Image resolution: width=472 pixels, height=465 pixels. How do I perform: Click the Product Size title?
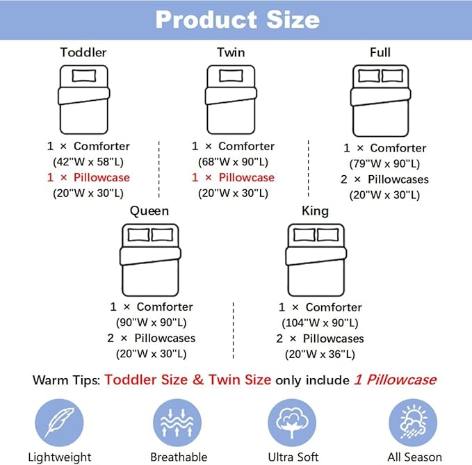[x=238, y=20]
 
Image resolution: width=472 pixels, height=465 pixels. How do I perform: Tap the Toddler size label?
[x=83, y=52]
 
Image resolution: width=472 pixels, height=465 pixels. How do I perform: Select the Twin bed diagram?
[x=231, y=99]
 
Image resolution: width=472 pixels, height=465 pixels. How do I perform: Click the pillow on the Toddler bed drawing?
[x=84, y=76]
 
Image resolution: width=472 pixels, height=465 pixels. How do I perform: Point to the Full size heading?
[x=380, y=52]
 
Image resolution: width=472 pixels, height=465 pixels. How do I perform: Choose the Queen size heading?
[x=149, y=211]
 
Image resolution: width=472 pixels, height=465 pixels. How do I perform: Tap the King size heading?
[x=315, y=211]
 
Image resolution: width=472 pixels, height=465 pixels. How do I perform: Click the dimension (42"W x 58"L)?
[x=88, y=162]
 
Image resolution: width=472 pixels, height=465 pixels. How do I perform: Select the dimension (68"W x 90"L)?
[x=233, y=162]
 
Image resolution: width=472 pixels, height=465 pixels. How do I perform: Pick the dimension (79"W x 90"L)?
[x=384, y=164]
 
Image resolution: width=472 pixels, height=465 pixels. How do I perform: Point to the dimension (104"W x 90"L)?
[x=320, y=323]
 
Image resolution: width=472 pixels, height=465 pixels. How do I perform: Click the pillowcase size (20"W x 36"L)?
[x=320, y=354]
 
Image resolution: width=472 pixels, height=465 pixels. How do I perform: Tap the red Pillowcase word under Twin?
[x=247, y=177]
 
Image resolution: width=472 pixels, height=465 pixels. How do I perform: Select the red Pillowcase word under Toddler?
[x=101, y=177]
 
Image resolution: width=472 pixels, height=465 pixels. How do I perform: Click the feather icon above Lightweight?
[x=59, y=423]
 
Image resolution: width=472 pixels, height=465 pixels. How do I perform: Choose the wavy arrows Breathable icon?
[x=177, y=423]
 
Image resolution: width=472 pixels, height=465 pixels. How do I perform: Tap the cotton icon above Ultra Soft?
[x=292, y=423]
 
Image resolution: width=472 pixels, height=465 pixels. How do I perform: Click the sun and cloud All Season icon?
[x=413, y=423]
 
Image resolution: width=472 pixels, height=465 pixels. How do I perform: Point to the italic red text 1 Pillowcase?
[x=396, y=380]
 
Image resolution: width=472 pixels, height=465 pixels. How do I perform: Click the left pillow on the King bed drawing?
[x=304, y=235]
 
